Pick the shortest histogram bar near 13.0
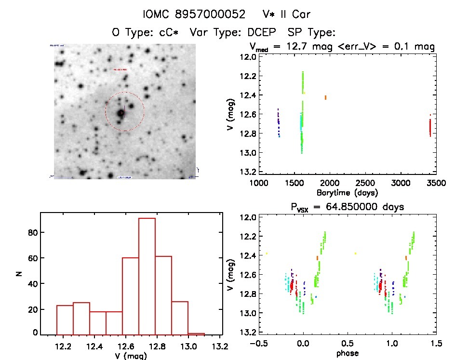point(196,333)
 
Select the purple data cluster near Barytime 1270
point(279,123)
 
